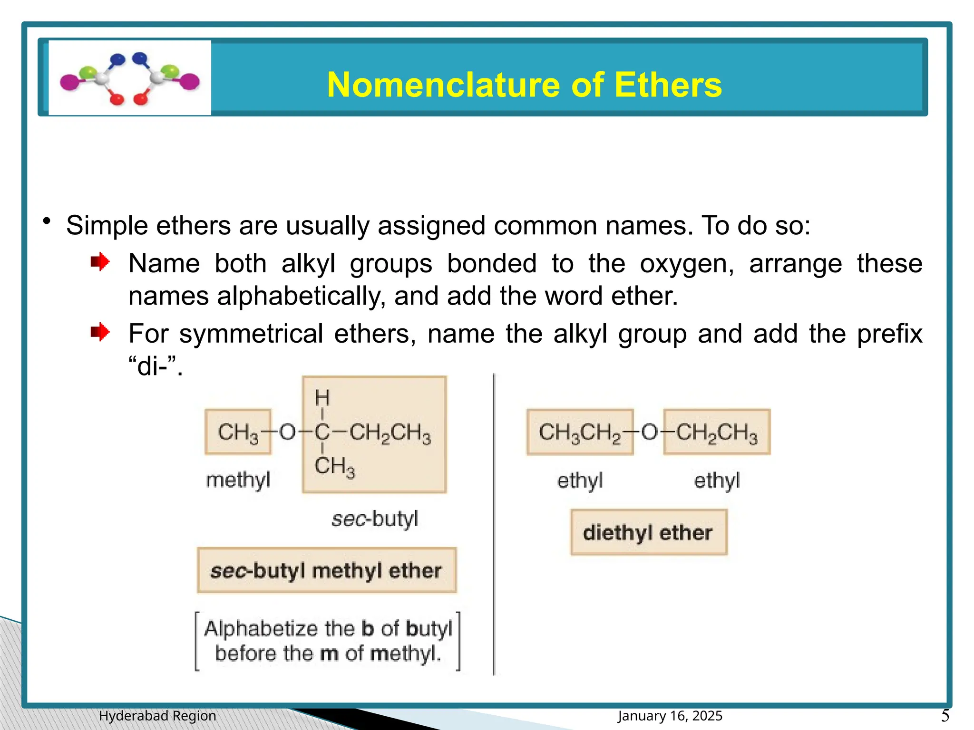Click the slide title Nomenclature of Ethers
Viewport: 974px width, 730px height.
tap(524, 85)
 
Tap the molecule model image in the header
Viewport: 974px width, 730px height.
tap(129, 77)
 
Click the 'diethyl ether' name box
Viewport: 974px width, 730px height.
tap(649, 532)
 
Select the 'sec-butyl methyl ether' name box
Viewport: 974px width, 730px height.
tap(327, 570)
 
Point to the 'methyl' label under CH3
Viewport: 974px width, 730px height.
tap(238, 480)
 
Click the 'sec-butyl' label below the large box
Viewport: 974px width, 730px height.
tap(375, 519)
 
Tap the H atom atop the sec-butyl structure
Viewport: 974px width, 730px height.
tap(322, 397)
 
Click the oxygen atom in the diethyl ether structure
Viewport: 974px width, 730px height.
tap(649, 432)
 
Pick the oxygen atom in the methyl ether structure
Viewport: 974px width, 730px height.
tap(287, 432)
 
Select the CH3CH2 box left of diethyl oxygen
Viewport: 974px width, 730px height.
tap(580, 432)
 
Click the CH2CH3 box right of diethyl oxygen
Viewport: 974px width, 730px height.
tap(717, 432)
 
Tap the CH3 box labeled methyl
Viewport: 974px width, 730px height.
tap(238, 432)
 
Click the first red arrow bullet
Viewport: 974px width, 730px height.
tap(100, 262)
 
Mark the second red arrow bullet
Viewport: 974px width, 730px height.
tap(100, 332)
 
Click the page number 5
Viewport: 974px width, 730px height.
tap(945, 715)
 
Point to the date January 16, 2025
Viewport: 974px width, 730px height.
tap(670, 716)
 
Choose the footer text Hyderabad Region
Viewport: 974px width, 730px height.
tap(157, 716)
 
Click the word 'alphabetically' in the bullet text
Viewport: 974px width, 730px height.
tap(301, 296)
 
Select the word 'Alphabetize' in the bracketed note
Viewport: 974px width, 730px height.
tap(261, 628)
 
